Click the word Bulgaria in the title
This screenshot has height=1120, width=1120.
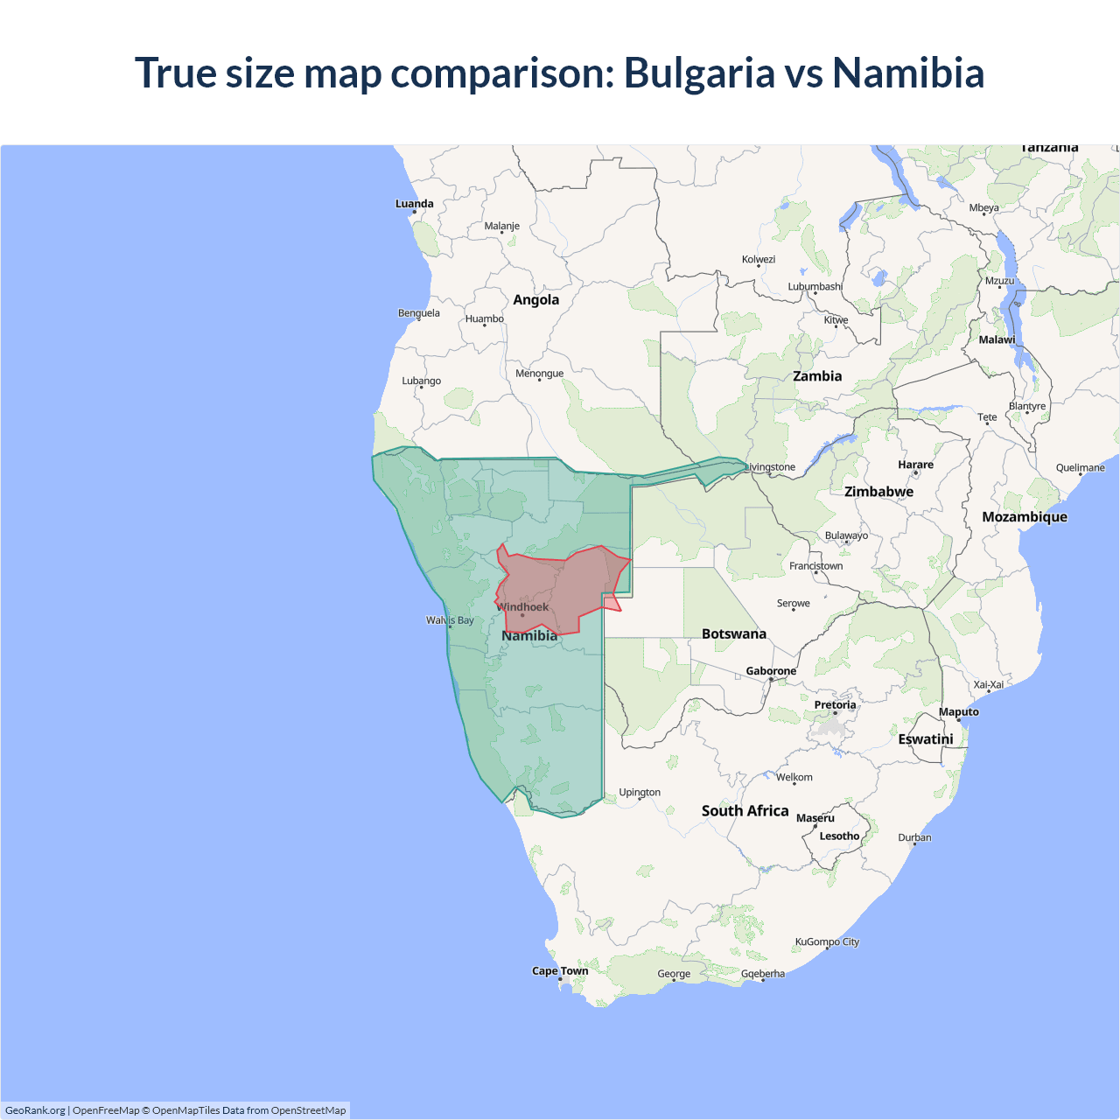pyautogui.click(x=699, y=73)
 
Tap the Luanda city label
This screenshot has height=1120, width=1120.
pyautogui.click(x=414, y=204)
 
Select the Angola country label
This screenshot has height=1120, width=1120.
pyautogui.click(x=535, y=300)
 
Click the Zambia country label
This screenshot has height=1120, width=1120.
pyautogui.click(x=817, y=376)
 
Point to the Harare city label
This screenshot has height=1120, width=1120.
pyautogui.click(x=915, y=465)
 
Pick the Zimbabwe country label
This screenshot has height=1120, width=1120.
pyautogui.click(x=878, y=492)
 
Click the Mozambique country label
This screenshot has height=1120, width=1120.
pyautogui.click(x=1025, y=517)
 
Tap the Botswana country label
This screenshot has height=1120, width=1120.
pyautogui.click(x=733, y=633)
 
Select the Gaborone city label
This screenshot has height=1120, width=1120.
pyautogui.click(x=771, y=671)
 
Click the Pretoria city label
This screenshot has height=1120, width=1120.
pyautogui.click(x=835, y=704)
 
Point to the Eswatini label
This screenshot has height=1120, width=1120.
pyautogui.click(x=926, y=739)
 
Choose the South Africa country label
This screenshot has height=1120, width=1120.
pyautogui.click(x=745, y=811)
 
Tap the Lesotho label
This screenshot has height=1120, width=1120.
pyautogui.click(x=839, y=836)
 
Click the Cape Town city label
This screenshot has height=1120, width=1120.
pyautogui.click(x=560, y=970)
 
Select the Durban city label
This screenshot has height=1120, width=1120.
pyautogui.click(x=914, y=837)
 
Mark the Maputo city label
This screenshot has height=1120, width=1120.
pyautogui.click(x=959, y=712)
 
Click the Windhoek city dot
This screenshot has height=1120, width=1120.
pyautogui.click(x=522, y=615)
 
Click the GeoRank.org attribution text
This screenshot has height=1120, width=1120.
pyautogui.click(x=35, y=1110)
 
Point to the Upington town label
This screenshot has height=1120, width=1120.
pyautogui.click(x=640, y=793)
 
